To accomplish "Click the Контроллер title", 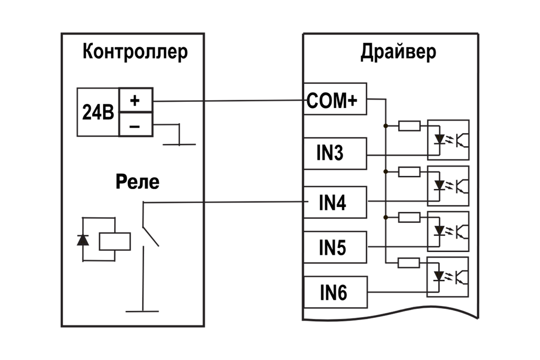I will (x=135, y=52).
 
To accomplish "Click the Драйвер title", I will (x=398, y=52).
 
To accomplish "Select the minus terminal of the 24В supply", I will (x=135, y=126).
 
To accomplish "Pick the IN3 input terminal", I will (x=334, y=153).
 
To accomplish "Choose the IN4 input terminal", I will (x=334, y=201).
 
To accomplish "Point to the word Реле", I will (x=137, y=182).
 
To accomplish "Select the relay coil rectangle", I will (x=115, y=241).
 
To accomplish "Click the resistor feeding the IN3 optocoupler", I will (x=409, y=125).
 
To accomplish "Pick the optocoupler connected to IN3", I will (x=448, y=138).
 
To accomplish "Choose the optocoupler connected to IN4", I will (x=448, y=184).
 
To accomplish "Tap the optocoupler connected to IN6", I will (x=448, y=276).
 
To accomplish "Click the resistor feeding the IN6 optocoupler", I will (x=409, y=262).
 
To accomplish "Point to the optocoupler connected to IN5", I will (x=448, y=229).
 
